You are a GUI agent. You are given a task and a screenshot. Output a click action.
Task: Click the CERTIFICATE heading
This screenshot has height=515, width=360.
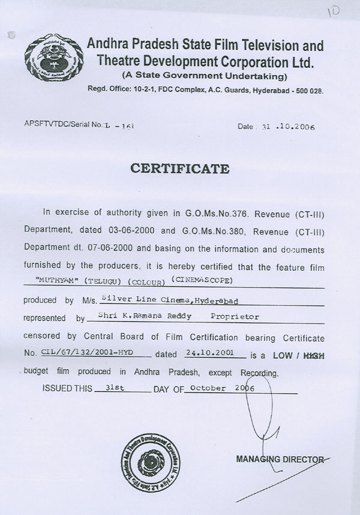pyautogui.click(x=180, y=167)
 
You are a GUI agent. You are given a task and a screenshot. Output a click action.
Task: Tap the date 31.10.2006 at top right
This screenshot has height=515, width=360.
pyautogui.click(x=285, y=127)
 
